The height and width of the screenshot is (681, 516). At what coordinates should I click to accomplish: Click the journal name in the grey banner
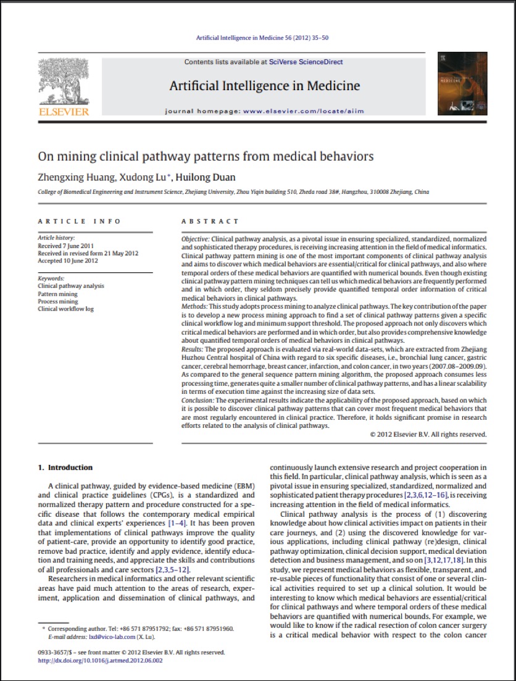pos(265,85)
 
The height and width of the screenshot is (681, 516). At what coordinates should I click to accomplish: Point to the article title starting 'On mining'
pos(206,156)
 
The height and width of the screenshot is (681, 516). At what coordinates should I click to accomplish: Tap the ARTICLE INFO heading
pos(80,221)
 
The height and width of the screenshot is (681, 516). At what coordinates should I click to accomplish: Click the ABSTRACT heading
pos(210,221)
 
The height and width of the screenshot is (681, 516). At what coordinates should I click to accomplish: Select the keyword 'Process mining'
pos(58,301)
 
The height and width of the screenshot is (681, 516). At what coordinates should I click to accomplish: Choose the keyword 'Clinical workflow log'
pos(66,309)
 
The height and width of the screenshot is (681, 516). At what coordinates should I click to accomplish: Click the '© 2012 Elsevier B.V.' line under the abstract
pos(428,433)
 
